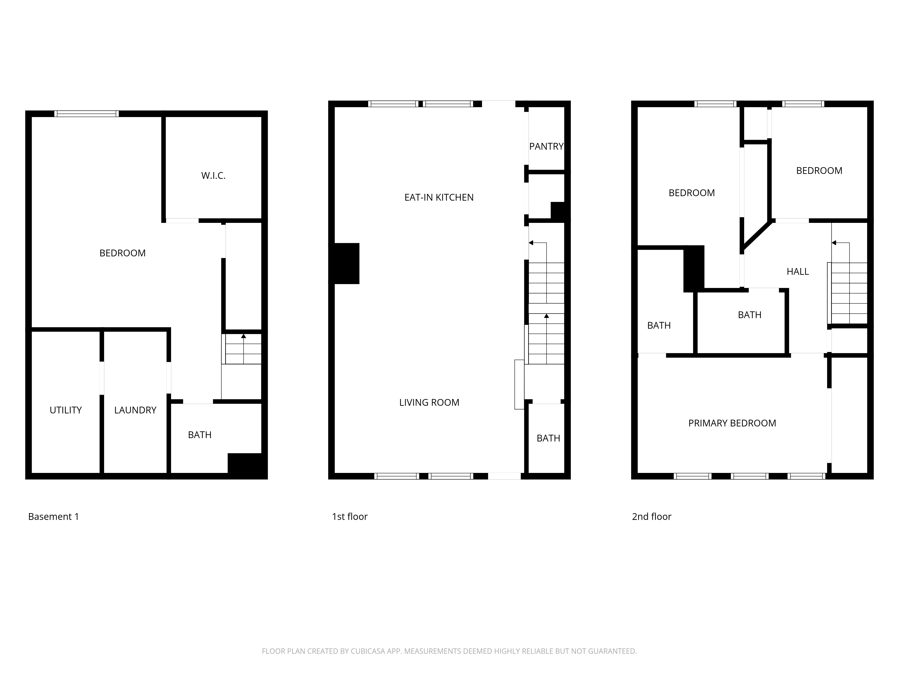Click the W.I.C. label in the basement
[x=213, y=175]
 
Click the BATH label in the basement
[x=200, y=435]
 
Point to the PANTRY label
[x=546, y=146]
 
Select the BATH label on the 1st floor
[x=548, y=438]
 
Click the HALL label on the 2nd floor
[x=797, y=271]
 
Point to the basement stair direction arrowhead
[x=243, y=336]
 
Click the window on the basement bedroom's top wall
[x=87, y=114]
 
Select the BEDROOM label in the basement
[x=122, y=253]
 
